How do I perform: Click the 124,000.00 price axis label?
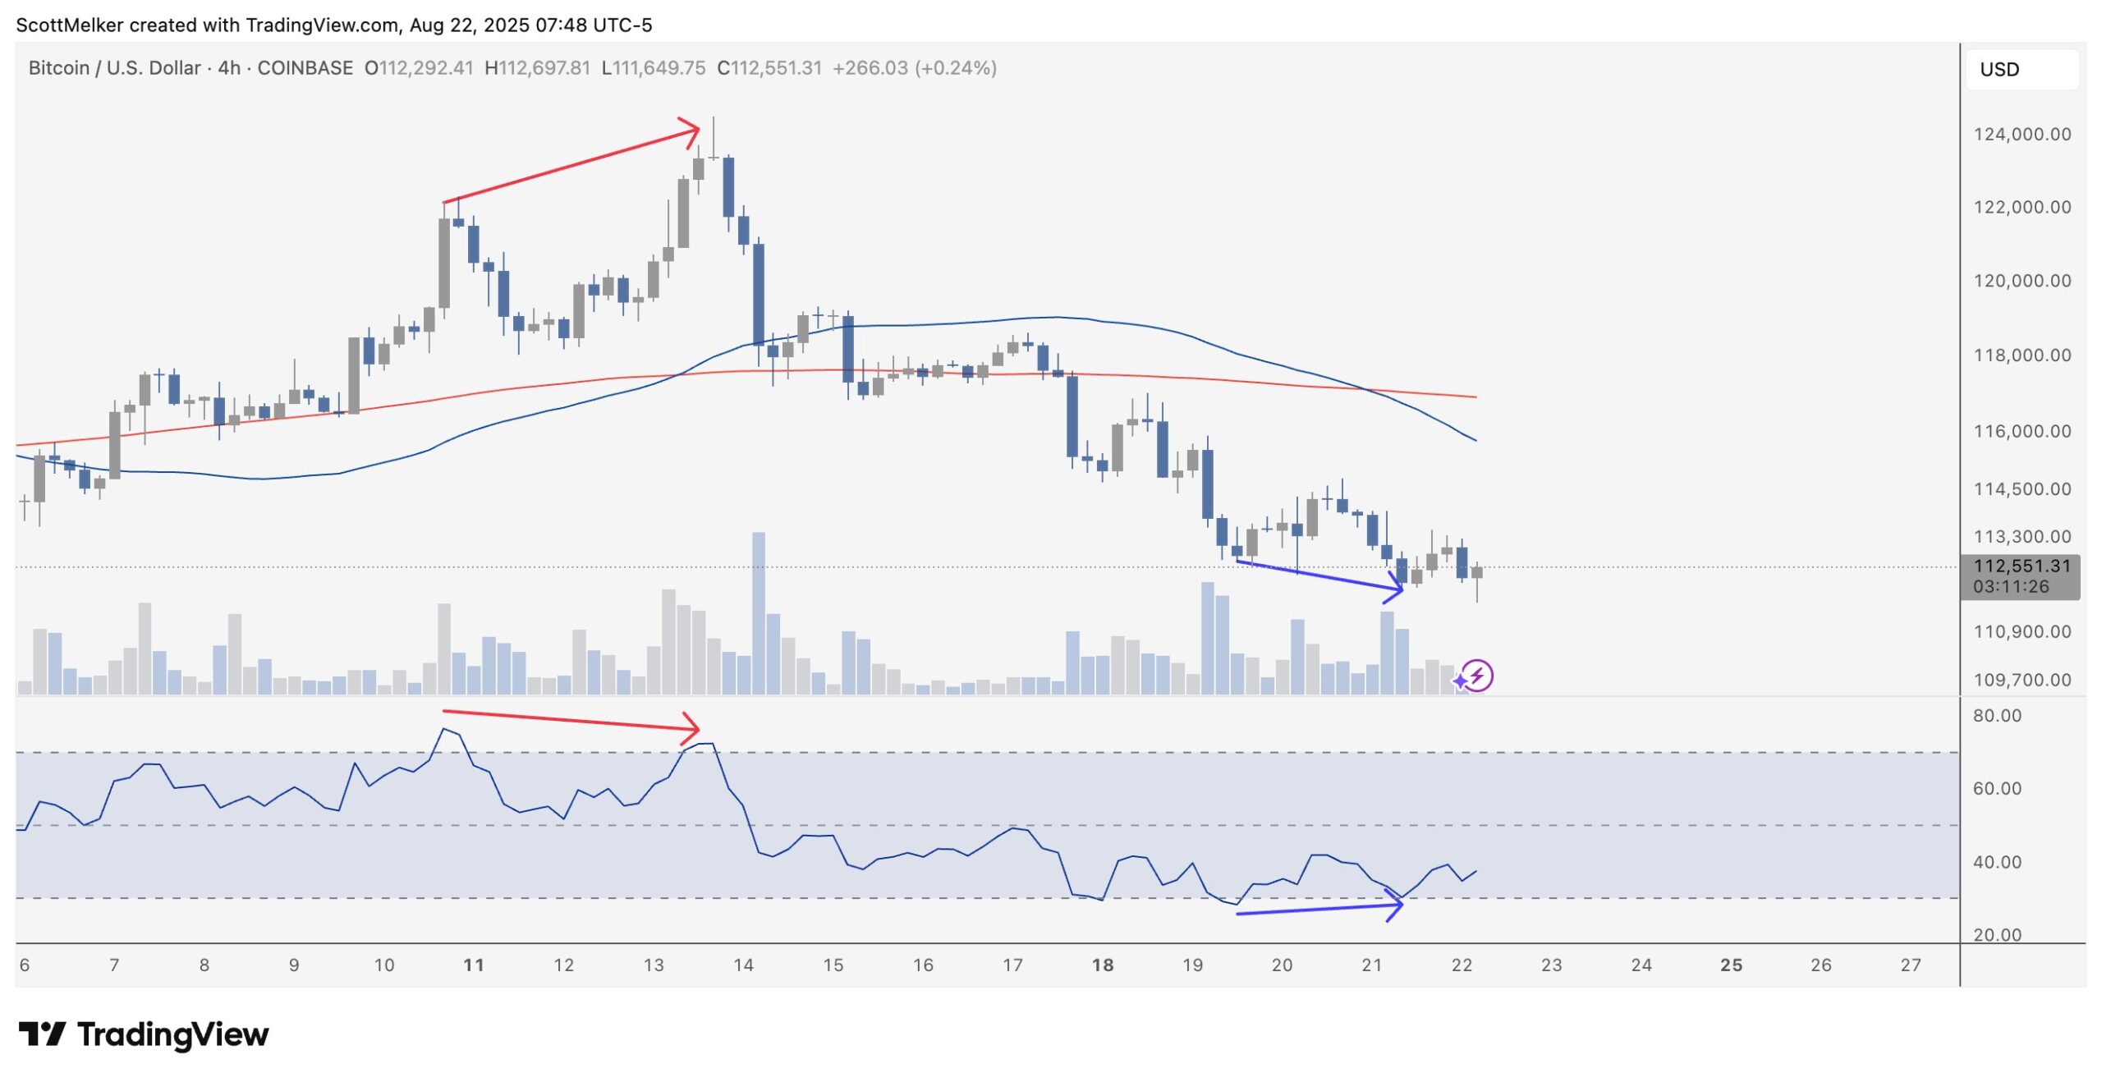2022,134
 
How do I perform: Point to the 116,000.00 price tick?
2022,431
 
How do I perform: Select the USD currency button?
1999,70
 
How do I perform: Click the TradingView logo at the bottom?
144,1034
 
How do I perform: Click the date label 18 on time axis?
1102,965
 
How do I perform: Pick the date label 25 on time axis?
1731,965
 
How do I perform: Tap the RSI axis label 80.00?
1997,716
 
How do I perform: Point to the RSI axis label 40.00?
1997,862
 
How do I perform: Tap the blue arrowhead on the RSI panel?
1395,905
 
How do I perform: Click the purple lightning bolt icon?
1477,676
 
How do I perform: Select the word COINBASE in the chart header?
305,68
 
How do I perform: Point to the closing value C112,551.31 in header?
769,68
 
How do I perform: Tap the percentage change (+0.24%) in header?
956,68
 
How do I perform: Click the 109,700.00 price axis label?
2022,680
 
